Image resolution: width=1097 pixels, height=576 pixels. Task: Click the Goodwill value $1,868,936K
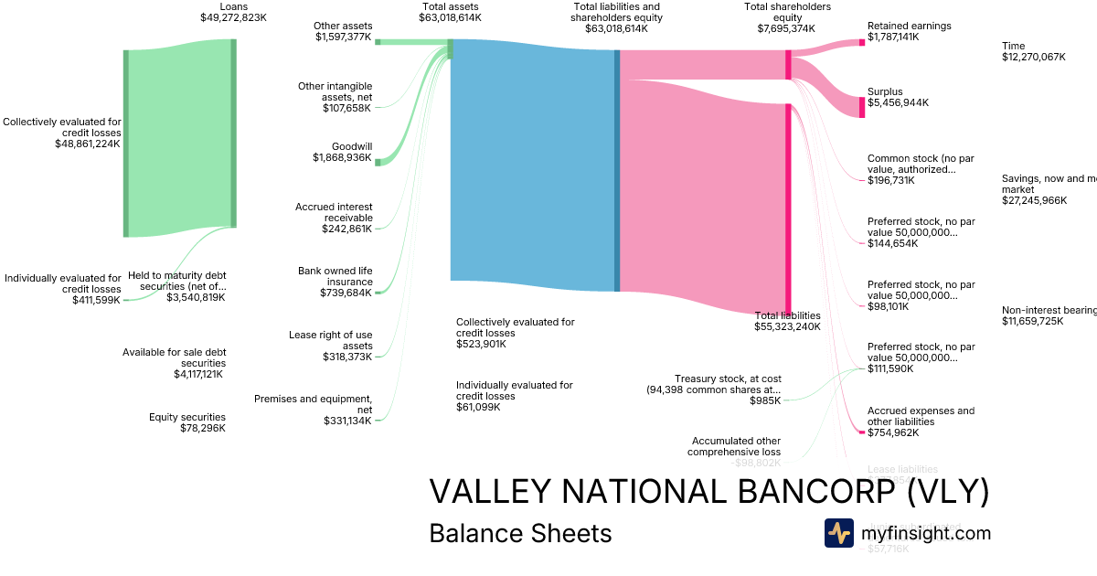pyautogui.click(x=342, y=158)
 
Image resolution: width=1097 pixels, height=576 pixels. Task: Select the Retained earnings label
pyautogui.click(x=909, y=27)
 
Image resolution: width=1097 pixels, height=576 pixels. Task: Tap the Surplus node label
pyautogui.click(x=885, y=91)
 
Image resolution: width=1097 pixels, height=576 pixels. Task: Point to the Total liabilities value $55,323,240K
pyautogui.click(x=787, y=326)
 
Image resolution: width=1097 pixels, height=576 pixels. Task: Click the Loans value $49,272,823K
pyautogui.click(x=233, y=17)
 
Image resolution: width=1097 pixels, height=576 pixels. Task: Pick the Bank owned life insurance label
pyautogui.click(x=335, y=276)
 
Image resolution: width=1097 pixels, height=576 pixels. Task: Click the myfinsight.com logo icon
pyautogui.click(x=838, y=533)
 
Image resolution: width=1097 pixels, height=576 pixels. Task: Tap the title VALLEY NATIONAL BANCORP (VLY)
pyautogui.click(x=708, y=492)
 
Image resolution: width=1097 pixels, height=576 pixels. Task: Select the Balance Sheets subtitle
pyautogui.click(x=520, y=533)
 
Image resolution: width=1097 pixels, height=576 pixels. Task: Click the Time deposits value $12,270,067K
pyautogui.click(x=1034, y=57)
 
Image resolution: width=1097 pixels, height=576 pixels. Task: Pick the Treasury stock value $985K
pyautogui.click(x=765, y=400)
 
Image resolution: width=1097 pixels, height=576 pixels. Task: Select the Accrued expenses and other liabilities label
pyautogui.click(x=921, y=416)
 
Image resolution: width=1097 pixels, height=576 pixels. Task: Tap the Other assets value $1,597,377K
pyautogui.click(x=343, y=37)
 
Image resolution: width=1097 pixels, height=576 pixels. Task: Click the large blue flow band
pyautogui.click(x=533, y=165)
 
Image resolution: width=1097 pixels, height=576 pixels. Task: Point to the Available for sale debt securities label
pyautogui.click(x=175, y=357)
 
